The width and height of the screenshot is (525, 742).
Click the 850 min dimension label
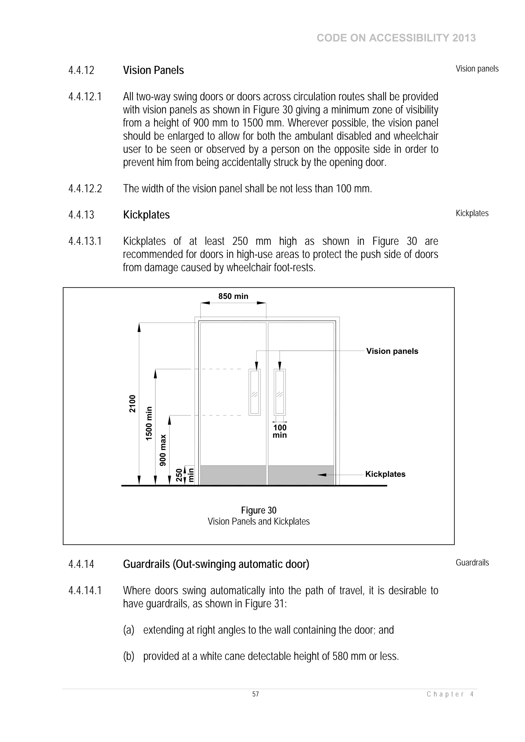click(x=233, y=296)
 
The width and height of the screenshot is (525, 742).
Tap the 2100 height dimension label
click(x=132, y=404)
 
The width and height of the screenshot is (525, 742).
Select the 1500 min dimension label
click(x=148, y=423)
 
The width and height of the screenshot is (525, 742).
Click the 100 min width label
click(x=279, y=431)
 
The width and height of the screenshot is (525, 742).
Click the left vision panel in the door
click(x=255, y=392)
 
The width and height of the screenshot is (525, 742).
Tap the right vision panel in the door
click(x=279, y=392)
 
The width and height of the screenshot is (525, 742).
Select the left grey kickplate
click(x=233, y=475)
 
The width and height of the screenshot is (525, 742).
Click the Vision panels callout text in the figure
click(x=392, y=351)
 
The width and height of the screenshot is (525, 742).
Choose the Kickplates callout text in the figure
click(x=385, y=474)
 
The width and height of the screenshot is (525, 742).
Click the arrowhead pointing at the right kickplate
click(x=322, y=474)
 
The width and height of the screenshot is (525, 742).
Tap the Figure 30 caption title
click(x=258, y=510)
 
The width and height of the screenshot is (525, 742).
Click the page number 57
click(x=256, y=694)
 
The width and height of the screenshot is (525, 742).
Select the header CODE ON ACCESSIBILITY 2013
click(x=396, y=38)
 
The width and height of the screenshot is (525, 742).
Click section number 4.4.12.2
click(x=85, y=189)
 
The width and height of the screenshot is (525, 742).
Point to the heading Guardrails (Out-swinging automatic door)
click(x=216, y=564)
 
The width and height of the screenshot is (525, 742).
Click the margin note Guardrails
click(x=472, y=563)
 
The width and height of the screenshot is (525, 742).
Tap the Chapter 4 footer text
click(x=450, y=694)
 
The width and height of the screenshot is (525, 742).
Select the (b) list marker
click(x=128, y=656)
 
